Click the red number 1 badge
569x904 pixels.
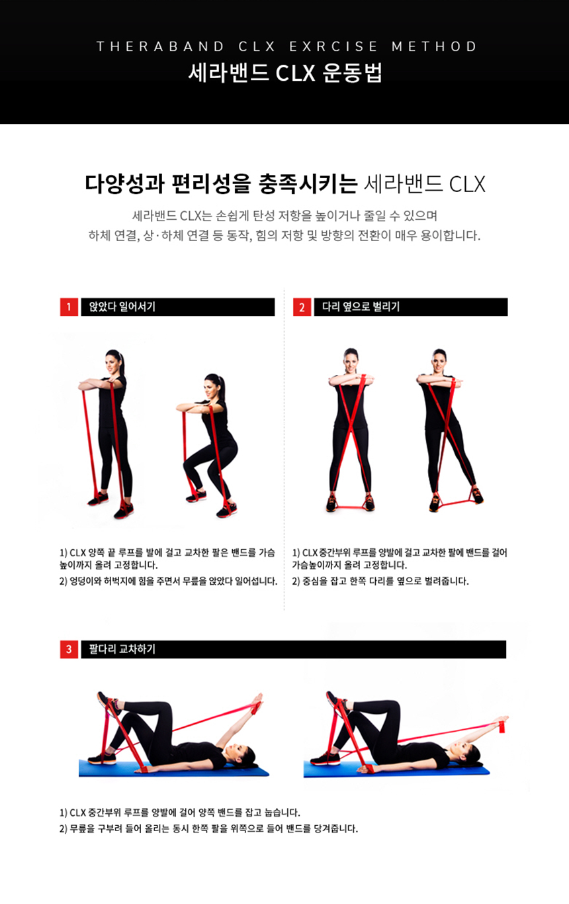(69, 307)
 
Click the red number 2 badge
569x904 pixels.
(302, 307)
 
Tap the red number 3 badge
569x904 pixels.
(69, 649)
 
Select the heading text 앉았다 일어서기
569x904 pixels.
(122, 307)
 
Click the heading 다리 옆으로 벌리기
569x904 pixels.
(361, 307)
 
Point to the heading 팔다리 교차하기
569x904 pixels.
(122, 649)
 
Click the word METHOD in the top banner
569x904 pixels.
(434, 46)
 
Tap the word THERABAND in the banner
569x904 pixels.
(160, 46)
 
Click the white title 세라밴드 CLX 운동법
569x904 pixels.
(284, 73)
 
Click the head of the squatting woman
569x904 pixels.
(213, 384)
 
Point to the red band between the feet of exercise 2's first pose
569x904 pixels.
(349, 506)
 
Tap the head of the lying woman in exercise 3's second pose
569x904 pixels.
(468, 754)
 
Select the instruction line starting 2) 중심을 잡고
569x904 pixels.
(380, 581)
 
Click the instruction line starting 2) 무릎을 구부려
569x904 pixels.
(208, 829)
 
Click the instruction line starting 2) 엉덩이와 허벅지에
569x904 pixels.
(168, 581)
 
